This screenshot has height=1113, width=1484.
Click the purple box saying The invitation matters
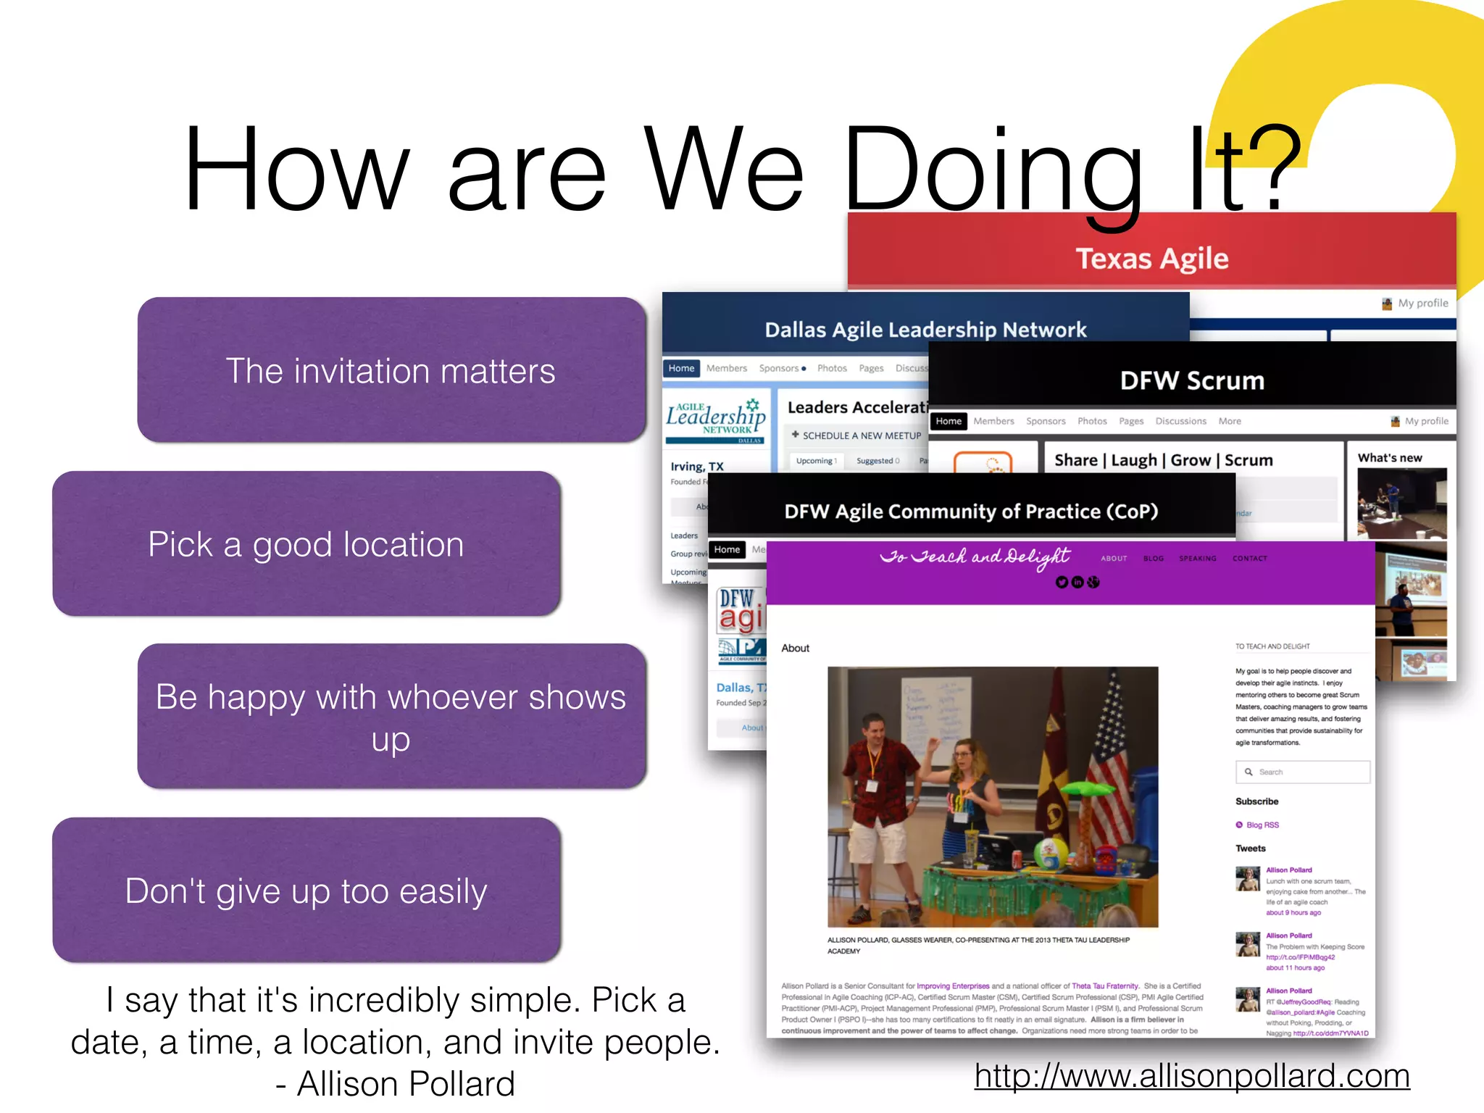(391, 370)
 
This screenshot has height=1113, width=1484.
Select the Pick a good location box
(307, 544)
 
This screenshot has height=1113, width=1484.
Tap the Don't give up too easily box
(307, 891)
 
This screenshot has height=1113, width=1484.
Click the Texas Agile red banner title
(1151, 259)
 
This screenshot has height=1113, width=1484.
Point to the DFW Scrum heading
(1192, 380)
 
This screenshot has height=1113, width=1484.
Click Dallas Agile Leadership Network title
(925, 330)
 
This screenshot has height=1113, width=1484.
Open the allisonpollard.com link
(1192, 1076)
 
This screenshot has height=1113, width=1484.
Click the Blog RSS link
(1262, 825)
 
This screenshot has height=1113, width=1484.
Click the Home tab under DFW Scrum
(948, 421)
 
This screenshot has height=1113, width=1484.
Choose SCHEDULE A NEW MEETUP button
(856, 435)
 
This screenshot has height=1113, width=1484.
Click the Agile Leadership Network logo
(716, 420)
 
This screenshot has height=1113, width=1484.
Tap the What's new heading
(1389, 458)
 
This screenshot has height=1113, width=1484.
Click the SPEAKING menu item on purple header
(1197, 559)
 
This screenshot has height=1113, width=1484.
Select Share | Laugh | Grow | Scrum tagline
(1163, 460)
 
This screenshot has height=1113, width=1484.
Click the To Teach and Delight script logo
(975, 556)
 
